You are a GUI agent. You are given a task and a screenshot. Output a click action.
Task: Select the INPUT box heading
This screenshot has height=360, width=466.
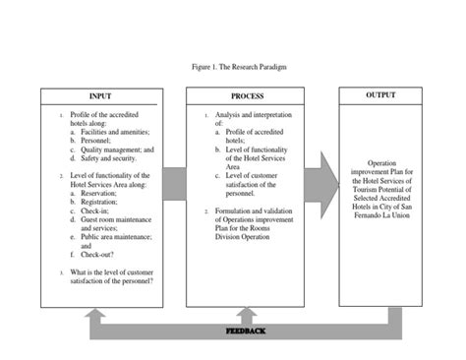101,95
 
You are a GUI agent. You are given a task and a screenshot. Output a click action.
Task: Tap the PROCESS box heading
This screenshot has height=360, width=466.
247,95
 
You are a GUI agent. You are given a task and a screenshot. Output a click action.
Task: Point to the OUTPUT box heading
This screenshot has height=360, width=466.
381,94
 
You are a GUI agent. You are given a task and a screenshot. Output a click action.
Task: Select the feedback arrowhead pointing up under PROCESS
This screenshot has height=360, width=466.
246,315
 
